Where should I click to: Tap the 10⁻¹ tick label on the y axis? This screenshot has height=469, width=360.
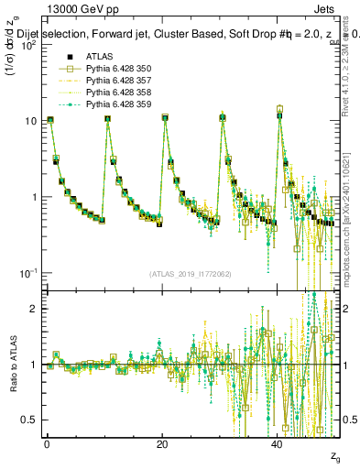(27, 274)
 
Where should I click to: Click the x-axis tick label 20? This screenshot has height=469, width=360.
(162, 444)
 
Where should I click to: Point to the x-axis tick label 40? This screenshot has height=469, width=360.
(278, 444)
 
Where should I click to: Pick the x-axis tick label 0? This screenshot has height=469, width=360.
(47, 444)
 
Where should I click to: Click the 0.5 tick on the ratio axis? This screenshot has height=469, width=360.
(27, 420)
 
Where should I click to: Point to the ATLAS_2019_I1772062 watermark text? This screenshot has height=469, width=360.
(190, 273)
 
